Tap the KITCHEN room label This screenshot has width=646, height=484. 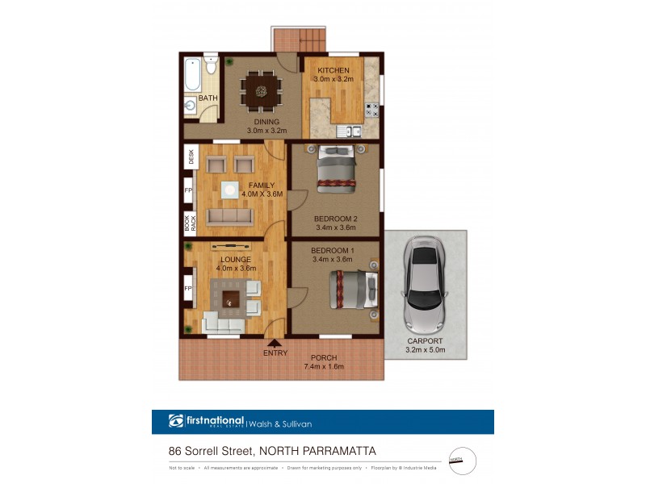pyautogui.click(x=333, y=70)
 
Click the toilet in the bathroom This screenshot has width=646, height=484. pyautogui.click(x=211, y=64)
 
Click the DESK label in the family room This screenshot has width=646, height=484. pyautogui.click(x=191, y=156)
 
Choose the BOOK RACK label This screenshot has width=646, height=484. pyautogui.click(x=189, y=223)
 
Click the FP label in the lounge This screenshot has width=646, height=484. pyautogui.click(x=188, y=289)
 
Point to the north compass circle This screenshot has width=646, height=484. pyautogui.click(x=461, y=461)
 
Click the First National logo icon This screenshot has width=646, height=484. pyautogui.click(x=176, y=421)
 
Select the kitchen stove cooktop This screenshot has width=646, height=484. pyautogui.click(x=372, y=111)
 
